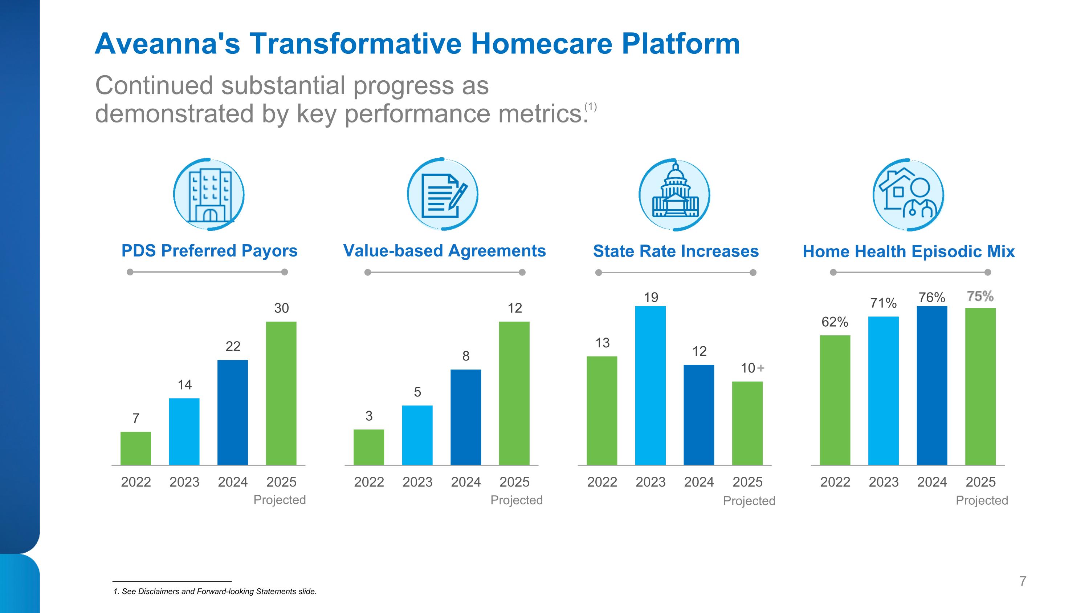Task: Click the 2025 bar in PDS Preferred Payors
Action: (281, 394)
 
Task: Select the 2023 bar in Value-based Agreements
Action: (417, 435)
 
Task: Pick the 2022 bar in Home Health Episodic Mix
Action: (835, 400)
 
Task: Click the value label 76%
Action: (932, 297)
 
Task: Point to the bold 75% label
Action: (980, 296)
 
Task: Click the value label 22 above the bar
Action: (233, 347)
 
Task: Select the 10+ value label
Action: (752, 368)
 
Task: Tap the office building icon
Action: (209, 195)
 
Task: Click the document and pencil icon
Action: (442, 195)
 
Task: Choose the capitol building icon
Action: (675, 195)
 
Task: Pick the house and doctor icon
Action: (909, 195)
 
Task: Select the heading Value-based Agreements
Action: (444, 251)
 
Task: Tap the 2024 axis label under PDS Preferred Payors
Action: (233, 482)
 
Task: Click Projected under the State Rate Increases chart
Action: (749, 501)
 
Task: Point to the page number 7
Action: (1023, 581)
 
